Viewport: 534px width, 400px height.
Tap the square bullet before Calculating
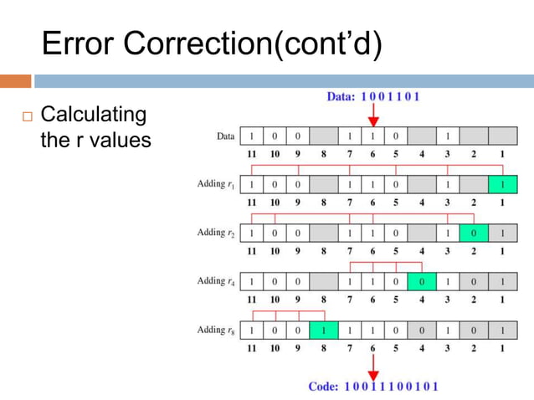coord(26,115)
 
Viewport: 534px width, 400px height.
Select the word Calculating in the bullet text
coord(94,114)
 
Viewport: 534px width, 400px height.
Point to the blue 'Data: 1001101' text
coord(372,96)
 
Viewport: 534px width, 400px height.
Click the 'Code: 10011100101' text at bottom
coord(372,387)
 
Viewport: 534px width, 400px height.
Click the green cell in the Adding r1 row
coord(502,184)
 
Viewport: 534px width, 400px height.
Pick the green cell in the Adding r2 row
coord(474,233)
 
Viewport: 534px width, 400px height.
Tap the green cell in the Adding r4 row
coord(421,281)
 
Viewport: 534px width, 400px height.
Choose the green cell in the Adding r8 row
coord(323,331)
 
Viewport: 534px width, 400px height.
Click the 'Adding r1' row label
coord(215,184)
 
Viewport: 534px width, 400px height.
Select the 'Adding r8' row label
coord(215,331)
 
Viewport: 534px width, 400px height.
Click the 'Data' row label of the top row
coord(225,136)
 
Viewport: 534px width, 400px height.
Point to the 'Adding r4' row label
coord(215,281)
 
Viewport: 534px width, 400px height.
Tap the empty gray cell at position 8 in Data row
coord(323,136)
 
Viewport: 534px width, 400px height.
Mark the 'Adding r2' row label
coord(215,233)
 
